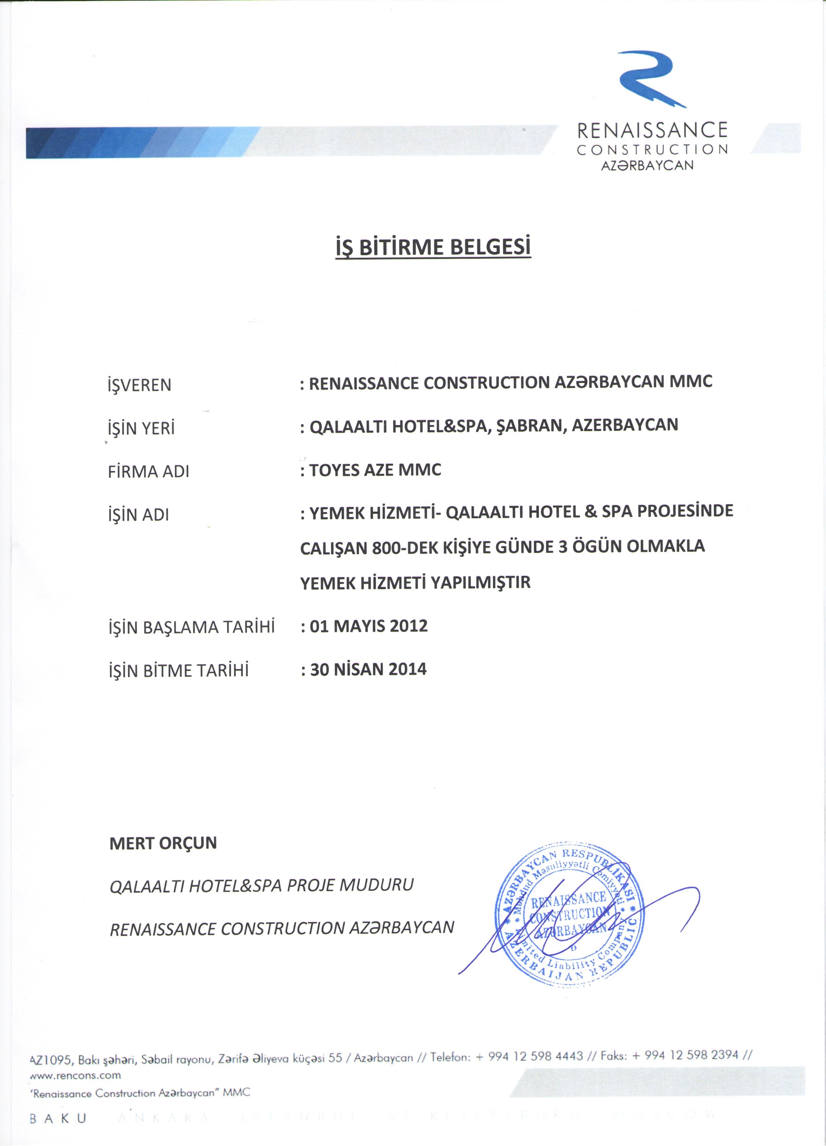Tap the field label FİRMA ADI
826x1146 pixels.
pyautogui.click(x=149, y=472)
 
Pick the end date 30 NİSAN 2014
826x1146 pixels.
pyautogui.click(x=368, y=670)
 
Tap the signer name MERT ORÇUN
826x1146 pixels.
pyautogui.click(x=163, y=843)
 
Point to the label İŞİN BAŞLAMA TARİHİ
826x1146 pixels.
pyautogui.click(x=191, y=627)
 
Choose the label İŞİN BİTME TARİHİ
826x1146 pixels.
pyautogui.click(x=179, y=671)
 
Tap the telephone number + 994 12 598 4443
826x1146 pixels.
pyautogui.click(x=529, y=1056)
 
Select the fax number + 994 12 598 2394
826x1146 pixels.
pyautogui.click(x=685, y=1055)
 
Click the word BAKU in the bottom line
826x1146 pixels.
pyautogui.click(x=58, y=1118)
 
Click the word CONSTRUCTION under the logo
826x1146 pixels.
pyautogui.click(x=652, y=150)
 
